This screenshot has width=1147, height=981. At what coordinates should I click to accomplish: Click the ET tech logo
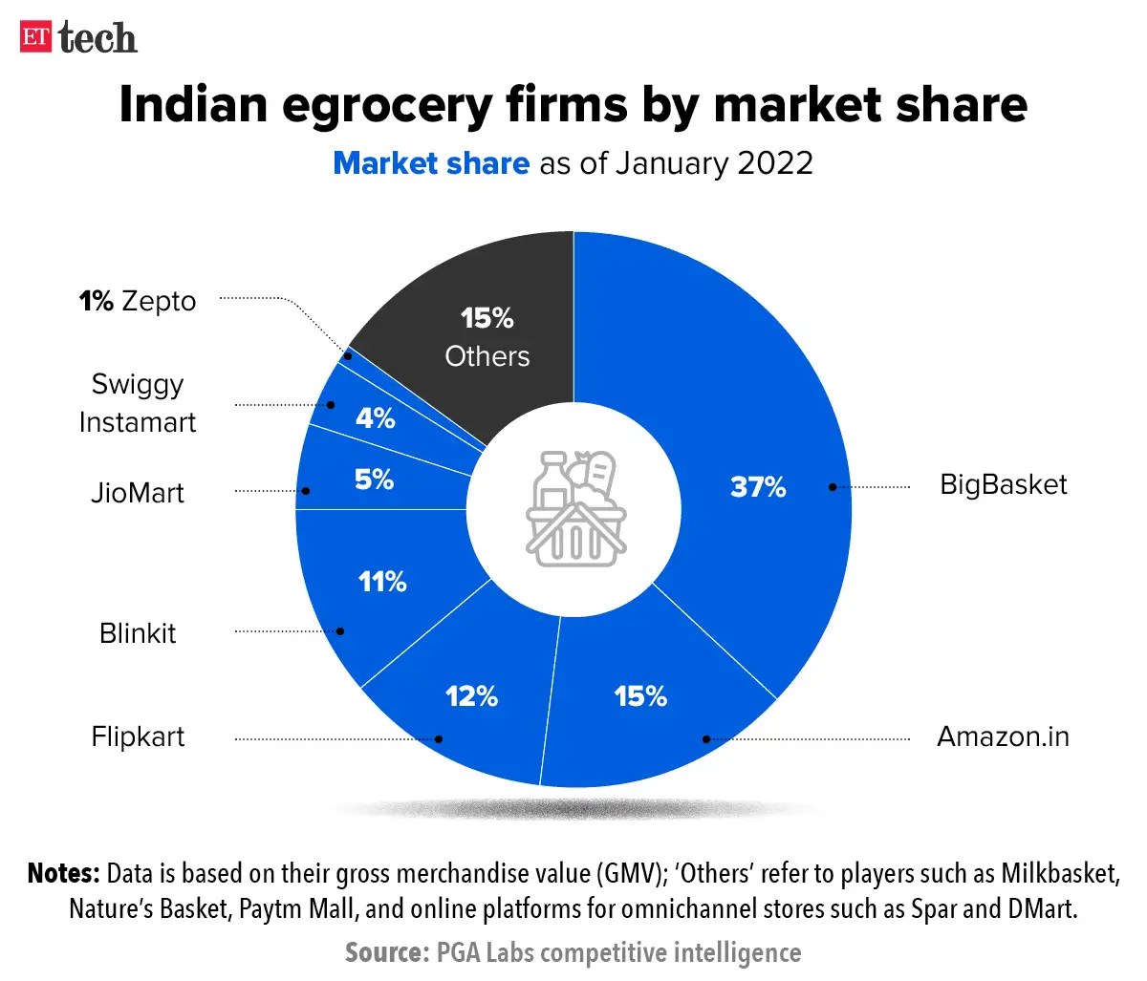tap(78, 38)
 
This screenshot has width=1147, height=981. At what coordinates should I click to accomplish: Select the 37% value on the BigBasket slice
tap(757, 486)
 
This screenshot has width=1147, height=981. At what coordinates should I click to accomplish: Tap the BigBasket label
tap(1003, 484)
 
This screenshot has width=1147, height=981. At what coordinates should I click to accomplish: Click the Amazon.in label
tap(1003, 736)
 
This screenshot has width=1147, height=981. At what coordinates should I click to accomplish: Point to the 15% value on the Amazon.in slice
tap(640, 696)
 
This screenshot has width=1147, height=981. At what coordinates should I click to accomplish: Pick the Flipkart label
tap(138, 736)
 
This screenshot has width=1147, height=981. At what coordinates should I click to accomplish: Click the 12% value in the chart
tap(471, 696)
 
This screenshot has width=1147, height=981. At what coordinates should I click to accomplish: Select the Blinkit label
tap(138, 633)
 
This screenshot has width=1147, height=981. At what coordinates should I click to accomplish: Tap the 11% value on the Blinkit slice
tap(382, 581)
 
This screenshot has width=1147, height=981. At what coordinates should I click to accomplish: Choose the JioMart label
tap(138, 493)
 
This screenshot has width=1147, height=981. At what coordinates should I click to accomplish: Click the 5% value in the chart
tap(374, 480)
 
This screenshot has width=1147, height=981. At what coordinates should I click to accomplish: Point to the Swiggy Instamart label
tap(138, 403)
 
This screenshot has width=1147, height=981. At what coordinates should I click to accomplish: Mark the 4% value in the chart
tap(375, 418)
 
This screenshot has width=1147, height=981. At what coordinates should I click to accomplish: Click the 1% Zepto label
tap(138, 301)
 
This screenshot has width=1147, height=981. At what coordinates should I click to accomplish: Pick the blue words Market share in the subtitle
tap(430, 163)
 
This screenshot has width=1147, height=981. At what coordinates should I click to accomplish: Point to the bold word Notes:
tap(63, 873)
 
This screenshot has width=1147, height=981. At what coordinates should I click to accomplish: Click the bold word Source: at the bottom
tap(386, 952)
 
